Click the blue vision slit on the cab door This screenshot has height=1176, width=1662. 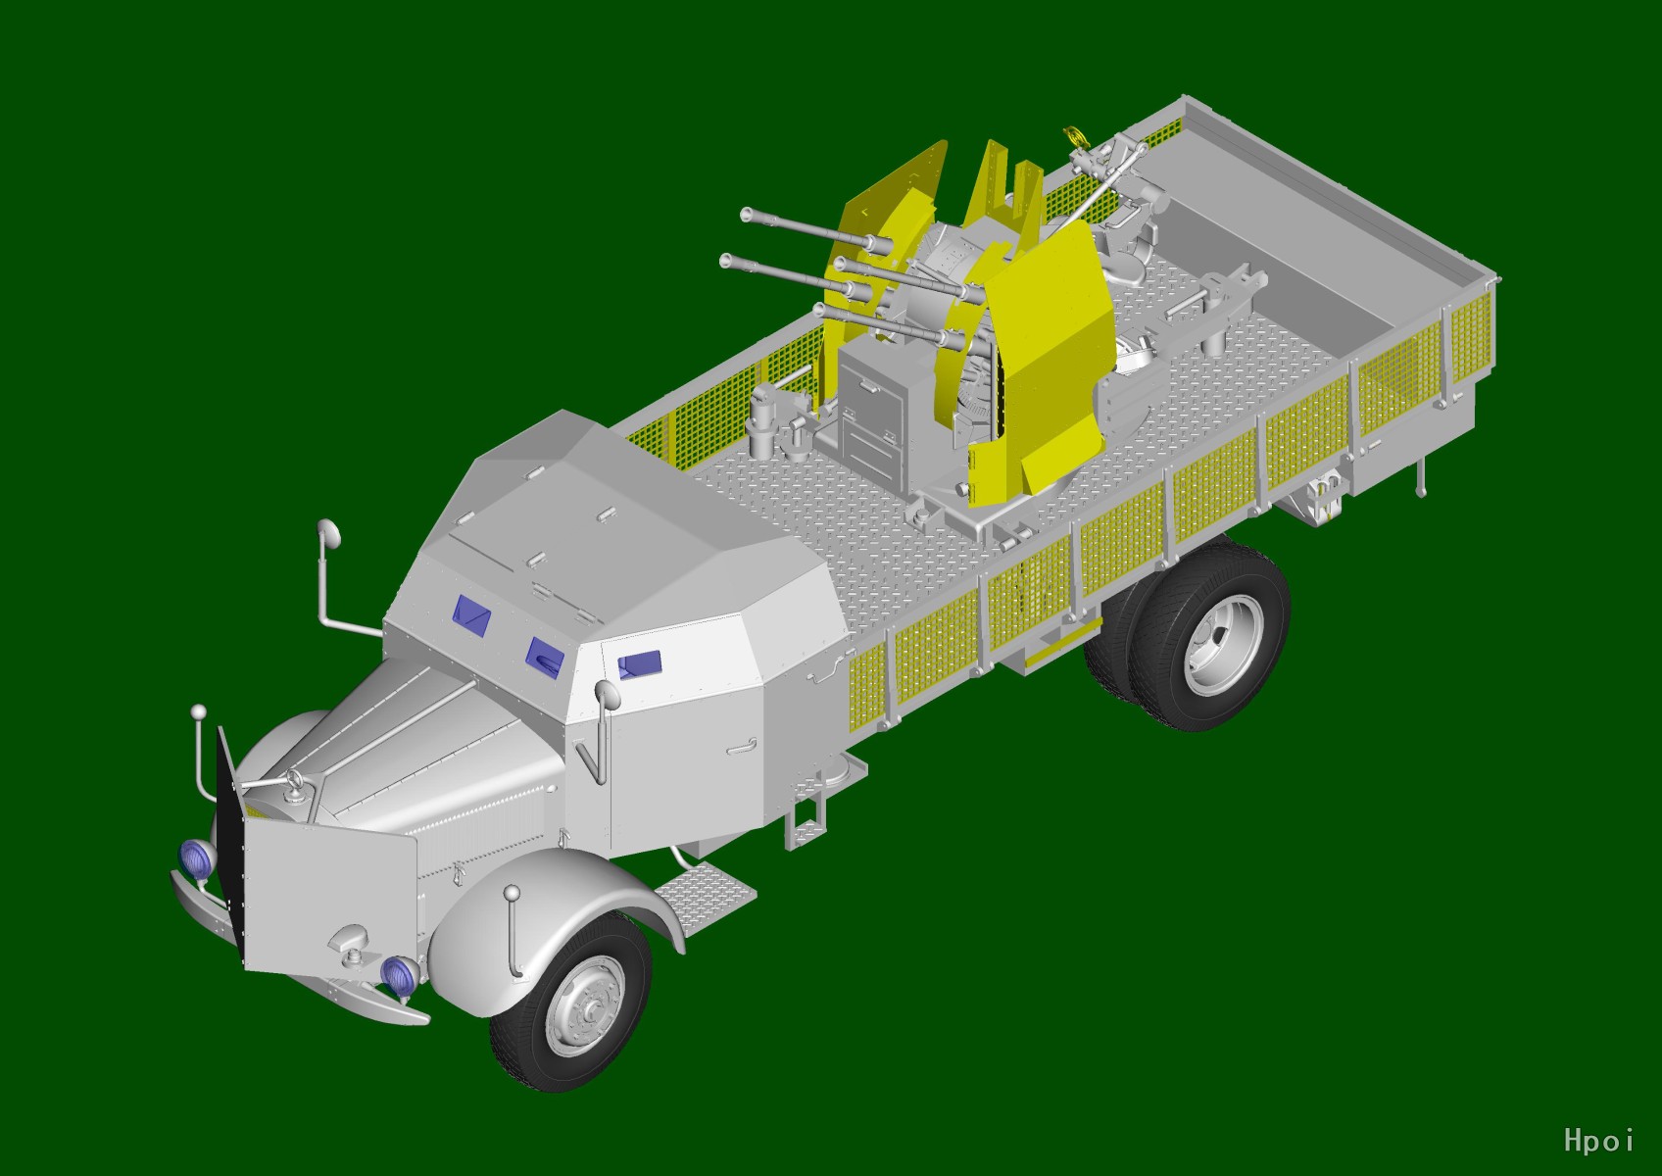tap(639, 664)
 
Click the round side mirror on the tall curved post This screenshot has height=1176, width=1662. tap(327, 533)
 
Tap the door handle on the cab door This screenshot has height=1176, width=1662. tap(742, 746)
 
